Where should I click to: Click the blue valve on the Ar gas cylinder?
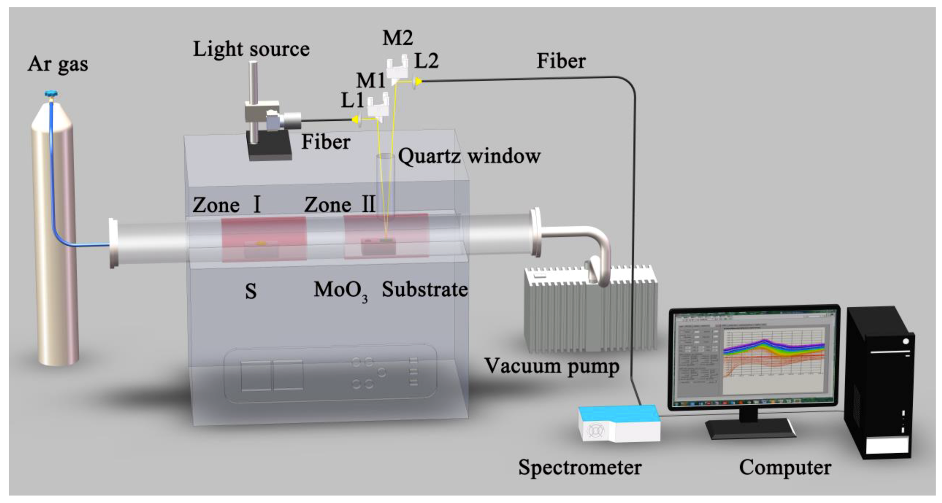51,94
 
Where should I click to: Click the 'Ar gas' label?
58,64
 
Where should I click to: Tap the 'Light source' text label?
251,49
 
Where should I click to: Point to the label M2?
398,38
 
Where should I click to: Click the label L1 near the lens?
352,100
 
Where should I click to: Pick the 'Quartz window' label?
469,156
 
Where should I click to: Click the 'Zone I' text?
227,205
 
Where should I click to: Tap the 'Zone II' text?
340,205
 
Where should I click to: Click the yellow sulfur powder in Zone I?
261,244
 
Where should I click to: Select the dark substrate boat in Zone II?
379,247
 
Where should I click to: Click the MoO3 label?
340,291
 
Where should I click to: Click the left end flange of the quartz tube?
113,243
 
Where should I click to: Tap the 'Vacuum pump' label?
552,366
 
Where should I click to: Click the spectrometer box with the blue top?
619,423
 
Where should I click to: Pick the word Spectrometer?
580,467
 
